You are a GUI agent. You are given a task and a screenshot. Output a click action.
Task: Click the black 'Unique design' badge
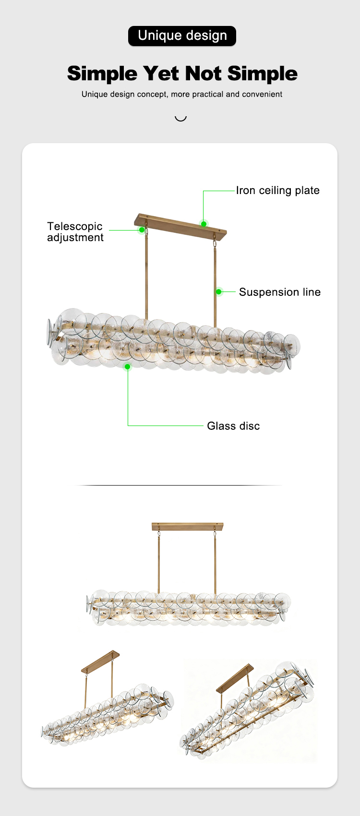[x=182, y=36]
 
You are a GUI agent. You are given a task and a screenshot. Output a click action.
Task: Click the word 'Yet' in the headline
[x=161, y=73]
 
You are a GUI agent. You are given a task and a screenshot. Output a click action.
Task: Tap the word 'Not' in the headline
[x=204, y=73]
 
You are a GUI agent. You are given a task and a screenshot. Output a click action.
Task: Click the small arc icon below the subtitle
[x=180, y=119]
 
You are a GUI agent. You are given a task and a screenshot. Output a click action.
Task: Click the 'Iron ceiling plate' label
[x=278, y=190]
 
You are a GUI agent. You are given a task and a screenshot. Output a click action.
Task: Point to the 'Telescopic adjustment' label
[x=75, y=231]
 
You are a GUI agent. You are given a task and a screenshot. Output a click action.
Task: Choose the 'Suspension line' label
[x=279, y=292]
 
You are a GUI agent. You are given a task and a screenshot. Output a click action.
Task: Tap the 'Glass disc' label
[x=233, y=426]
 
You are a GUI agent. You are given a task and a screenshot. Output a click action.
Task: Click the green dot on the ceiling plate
[x=204, y=224]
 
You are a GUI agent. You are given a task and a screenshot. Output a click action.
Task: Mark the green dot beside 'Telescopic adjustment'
[x=142, y=230]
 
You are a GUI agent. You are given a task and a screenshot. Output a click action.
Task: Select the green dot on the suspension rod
[x=219, y=292]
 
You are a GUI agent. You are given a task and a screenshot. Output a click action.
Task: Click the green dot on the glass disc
[x=127, y=366]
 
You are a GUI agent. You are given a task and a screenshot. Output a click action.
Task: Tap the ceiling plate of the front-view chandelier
[x=188, y=527]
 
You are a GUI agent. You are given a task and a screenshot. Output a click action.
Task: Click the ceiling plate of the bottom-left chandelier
[x=100, y=661]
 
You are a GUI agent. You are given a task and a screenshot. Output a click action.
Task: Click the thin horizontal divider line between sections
[x=179, y=485]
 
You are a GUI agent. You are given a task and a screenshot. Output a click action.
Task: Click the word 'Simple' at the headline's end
[x=263, y=73]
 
